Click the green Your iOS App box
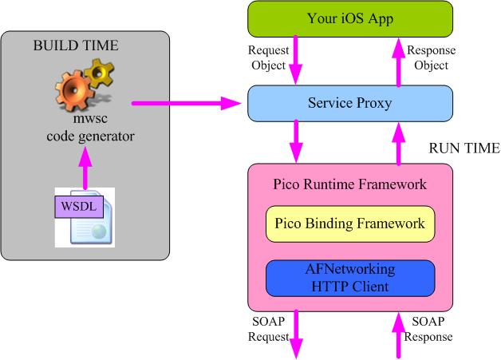coord(350,19)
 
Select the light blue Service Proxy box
coord(350,103)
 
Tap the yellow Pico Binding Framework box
coord(350,224)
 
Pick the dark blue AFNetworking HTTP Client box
coord(350,278)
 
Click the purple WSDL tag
coord(77,205)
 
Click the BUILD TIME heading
coord(76,45)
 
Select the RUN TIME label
coord(464,148)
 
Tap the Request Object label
coord(268,58)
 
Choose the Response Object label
coord(432,58)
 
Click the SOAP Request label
coord(267,330)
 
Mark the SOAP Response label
coord(432,329)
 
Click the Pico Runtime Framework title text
coord(350,184)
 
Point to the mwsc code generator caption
coord(90,129)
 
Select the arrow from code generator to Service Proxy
coord(187,103)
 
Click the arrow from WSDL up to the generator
coord(85,168)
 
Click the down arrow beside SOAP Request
coord(298,334)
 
